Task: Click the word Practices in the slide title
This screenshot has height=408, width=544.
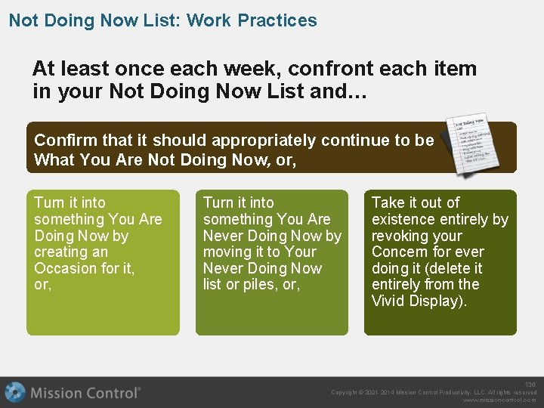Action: (x=277, y=20)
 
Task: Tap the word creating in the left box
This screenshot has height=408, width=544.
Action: (x=60, y=252)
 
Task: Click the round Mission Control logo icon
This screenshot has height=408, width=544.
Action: (x=15, y=393)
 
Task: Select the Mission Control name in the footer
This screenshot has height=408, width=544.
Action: (x=85, y=393)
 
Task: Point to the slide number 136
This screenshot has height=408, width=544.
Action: (x=530, y=385)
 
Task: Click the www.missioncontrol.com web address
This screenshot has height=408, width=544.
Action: (x=499, y=400)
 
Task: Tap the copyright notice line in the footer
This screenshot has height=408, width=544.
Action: (x=434, y=392)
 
